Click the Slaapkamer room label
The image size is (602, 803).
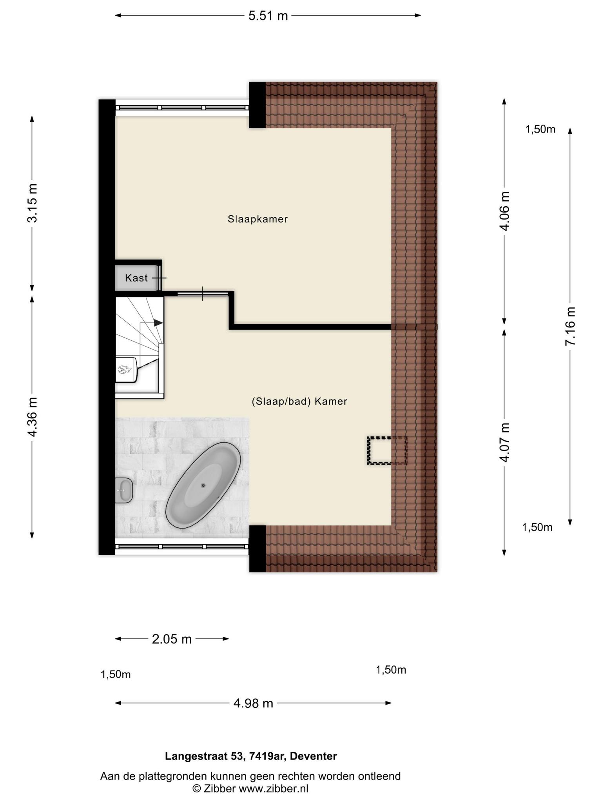click(x=257, y=219)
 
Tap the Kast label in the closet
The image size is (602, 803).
click(x=136, y=278)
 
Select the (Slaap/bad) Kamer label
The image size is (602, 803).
click(x=299, y=401)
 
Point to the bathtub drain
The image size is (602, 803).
click(x=203, y=485)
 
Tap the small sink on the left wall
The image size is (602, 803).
click(x=124, y=490)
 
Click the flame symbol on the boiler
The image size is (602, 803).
click(x=125, y=369)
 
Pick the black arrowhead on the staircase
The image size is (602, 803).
click(x=158, y=323)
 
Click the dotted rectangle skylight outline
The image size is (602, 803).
click(x=387, y=451)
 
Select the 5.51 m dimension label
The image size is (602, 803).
click(x=268, y=16)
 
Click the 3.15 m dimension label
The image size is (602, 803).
click(x=33, y=203)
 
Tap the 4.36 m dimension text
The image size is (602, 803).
click(x=33, y=417)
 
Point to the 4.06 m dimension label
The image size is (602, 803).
click(x=505, y=211)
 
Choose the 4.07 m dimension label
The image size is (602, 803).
click(x=505, y=442)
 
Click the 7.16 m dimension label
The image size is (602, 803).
click(x=571, y=326)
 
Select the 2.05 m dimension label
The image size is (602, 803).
click(x=172, y=639)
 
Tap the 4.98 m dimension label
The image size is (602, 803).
click(x=253, y=703)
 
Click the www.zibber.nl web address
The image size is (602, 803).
click(x=273, y=789)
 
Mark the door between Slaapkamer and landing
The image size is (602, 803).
click(x=203, y=293)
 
